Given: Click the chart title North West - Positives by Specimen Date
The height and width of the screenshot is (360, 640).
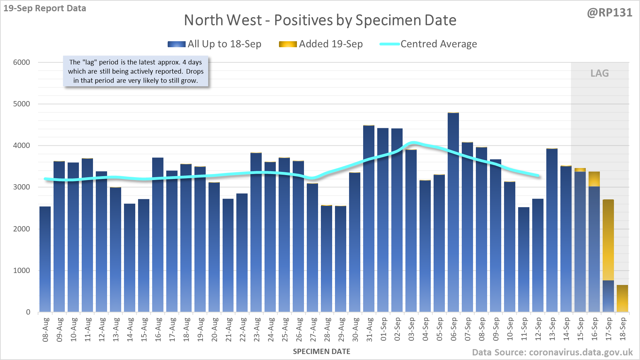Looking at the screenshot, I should (320, 20).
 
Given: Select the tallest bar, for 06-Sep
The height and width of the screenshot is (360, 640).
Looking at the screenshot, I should (453, 211).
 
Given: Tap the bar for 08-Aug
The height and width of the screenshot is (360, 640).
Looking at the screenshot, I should (45, 259).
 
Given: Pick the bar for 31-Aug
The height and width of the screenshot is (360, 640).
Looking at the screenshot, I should (369, 218).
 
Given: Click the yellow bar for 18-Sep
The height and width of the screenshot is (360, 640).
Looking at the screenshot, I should (622, 298).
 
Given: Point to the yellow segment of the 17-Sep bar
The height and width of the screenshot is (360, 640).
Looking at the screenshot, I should (608, 240).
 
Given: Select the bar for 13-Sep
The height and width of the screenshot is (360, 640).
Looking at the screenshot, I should (552, 229).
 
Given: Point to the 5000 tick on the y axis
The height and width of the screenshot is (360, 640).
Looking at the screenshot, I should (22, 104).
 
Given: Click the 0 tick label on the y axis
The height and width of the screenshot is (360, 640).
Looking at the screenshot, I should (28, 312).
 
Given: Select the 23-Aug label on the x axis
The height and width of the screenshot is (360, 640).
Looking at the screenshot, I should (257, 330).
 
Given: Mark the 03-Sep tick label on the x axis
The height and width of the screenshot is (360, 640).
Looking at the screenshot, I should (411, 330).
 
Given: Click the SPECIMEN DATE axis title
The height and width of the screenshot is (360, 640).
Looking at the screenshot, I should (322, 352).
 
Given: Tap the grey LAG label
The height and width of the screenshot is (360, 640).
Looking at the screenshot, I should (599, 73).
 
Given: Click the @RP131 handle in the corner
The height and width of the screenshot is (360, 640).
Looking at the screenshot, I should (609, 13).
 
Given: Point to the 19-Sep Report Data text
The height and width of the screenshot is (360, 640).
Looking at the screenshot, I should (45, 8).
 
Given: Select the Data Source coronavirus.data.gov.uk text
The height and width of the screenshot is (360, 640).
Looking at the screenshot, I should (552, 352).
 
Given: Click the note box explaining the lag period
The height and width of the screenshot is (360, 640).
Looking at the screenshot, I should (136, 71).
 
